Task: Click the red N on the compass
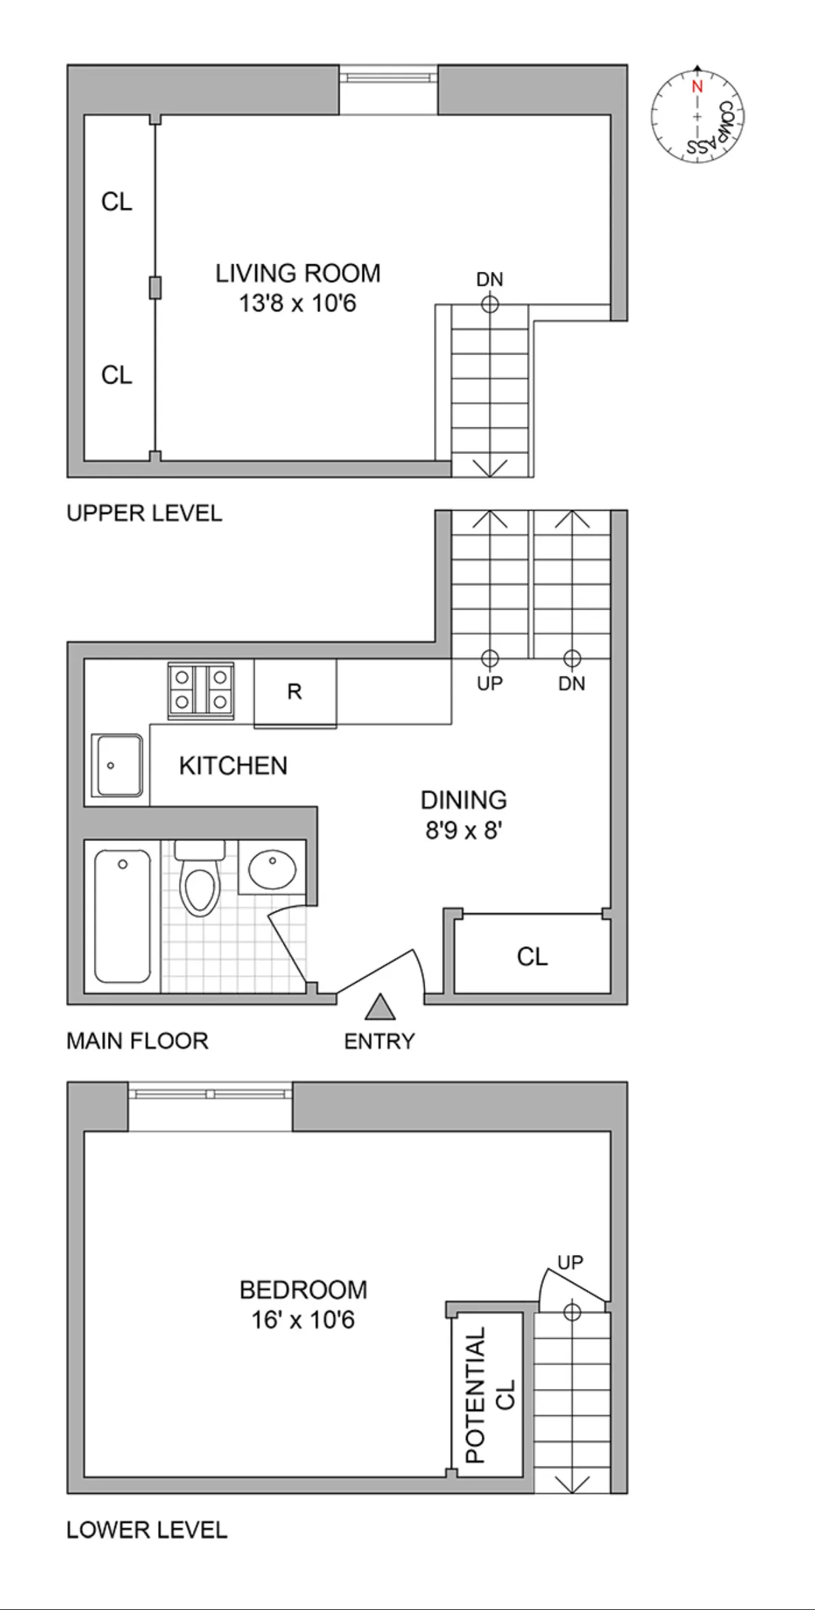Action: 697,87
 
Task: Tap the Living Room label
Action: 297,273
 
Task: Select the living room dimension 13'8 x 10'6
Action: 297,303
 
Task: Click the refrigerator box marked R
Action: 295,692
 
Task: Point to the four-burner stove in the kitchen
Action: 201,689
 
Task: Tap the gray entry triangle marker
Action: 380,1008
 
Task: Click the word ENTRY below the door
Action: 379,1041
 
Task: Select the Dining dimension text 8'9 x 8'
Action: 463,830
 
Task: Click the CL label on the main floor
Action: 532,957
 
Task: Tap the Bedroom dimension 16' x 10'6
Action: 303,1320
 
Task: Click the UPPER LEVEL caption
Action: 144,513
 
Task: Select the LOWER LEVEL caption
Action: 147,1530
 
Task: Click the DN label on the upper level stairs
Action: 489,279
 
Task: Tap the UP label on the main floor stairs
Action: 489,683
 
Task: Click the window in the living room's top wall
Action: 388,76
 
